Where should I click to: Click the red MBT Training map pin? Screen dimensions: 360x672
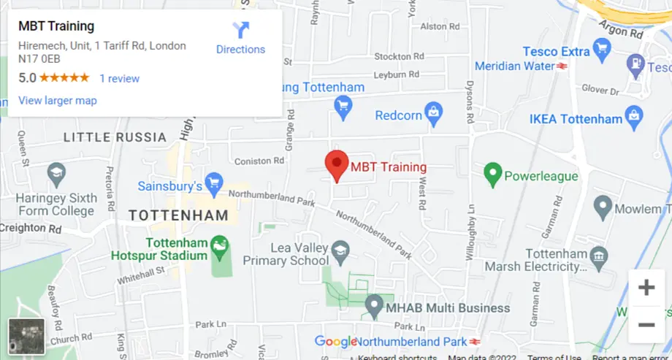coord(336,166)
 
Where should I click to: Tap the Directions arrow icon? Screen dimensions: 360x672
coord(240,30)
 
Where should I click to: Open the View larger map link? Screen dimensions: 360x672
coord(57,100)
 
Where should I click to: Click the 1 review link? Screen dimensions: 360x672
coord(119,78)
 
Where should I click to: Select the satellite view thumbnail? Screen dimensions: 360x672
coord(26,337)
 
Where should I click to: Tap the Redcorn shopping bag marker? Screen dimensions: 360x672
coord(434,112)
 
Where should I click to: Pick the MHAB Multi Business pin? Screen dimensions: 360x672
coord(374,305)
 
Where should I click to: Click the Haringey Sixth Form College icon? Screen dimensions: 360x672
coord(56,174)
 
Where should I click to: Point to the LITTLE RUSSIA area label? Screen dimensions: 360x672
coord(115,137)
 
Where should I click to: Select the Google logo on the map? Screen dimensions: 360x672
coord(335,341)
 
